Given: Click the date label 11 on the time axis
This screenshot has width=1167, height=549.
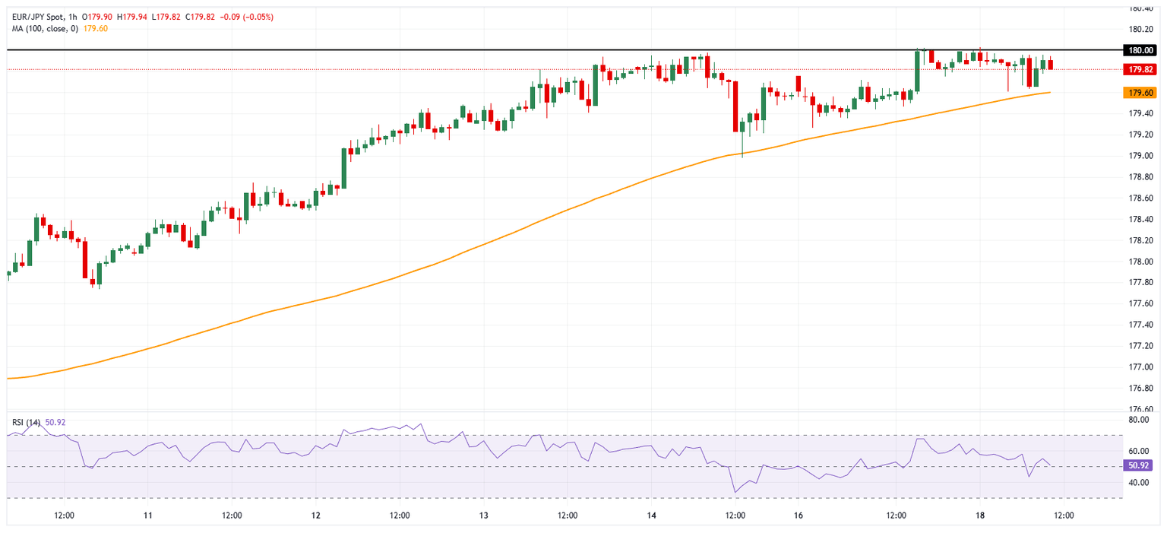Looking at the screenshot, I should click(x=148, y=516).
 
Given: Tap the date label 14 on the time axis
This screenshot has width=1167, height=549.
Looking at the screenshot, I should click(x=651, y=516).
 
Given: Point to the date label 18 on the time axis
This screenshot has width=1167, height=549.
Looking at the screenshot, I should click(x=980, y=516).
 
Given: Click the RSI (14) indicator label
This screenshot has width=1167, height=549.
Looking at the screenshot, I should click(x=26, y=422).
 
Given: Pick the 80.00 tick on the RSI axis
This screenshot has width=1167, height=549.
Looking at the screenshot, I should click(x=1138, y=419).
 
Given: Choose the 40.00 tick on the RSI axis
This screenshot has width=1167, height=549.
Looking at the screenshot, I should click(x=1138, y=482).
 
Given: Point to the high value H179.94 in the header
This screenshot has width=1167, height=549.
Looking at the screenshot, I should click(x=131, y=17).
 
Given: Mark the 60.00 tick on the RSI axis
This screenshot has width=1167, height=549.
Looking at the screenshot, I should click(x=1138, y=451).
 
